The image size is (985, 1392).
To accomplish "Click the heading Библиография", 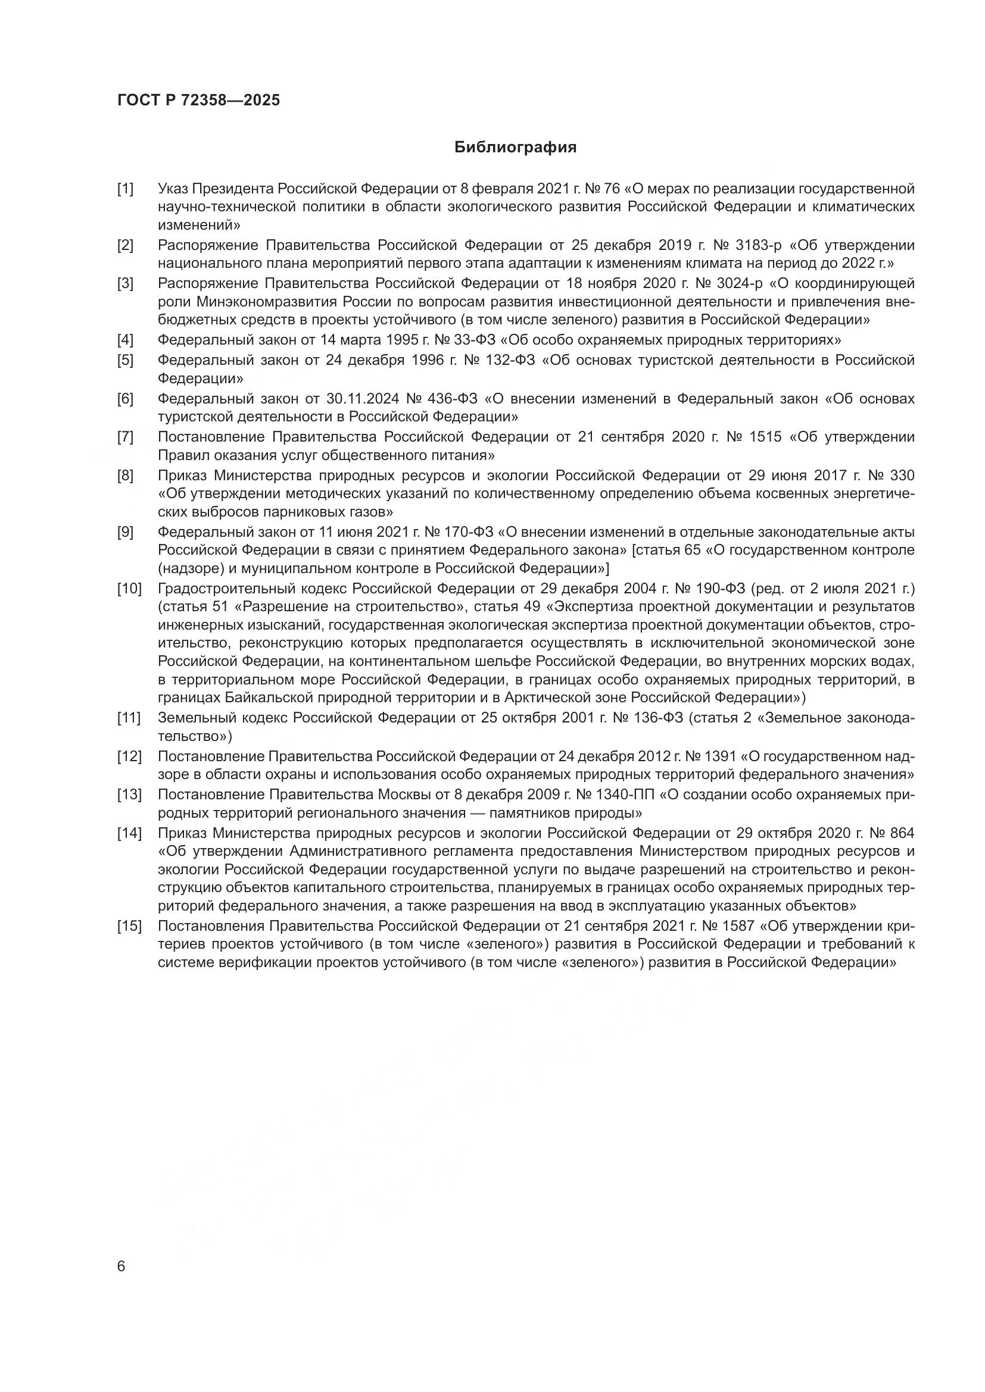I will click(516, 148).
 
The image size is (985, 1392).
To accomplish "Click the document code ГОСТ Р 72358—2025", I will click(199, 101).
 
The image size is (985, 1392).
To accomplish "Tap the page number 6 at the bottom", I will click(121, 1266).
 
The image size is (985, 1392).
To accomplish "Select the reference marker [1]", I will click(126, 189).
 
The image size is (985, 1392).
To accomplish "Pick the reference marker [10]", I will click(129, 588).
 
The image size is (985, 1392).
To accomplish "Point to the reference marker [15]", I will click(129, 926).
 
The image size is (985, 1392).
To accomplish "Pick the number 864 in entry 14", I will click(900, 833).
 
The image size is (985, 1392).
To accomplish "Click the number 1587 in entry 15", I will click(737, 926).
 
